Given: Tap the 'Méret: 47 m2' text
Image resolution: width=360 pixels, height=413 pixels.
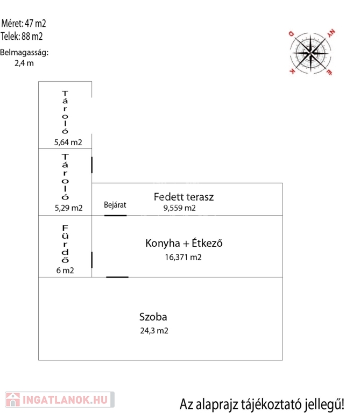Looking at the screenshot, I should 24,24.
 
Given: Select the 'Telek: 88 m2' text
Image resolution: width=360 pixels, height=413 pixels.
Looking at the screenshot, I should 22,37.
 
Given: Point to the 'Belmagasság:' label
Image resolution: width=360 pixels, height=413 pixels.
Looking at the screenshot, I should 24,53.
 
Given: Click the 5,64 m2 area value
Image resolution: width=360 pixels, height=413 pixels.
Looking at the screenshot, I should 68,143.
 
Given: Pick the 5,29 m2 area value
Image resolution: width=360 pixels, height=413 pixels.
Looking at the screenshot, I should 68,208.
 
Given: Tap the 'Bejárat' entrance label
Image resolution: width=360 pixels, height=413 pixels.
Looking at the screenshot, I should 115,205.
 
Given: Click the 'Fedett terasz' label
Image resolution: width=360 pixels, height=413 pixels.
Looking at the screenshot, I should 183,197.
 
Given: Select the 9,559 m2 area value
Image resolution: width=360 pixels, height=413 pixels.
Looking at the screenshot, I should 179,208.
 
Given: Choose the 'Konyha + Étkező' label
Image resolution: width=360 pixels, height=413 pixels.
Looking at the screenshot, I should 183,244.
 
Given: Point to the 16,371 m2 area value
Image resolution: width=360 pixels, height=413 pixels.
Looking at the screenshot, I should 183,258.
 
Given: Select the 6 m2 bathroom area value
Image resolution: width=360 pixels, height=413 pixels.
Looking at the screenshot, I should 65,270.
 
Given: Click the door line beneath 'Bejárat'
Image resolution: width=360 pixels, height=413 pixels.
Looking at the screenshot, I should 115,216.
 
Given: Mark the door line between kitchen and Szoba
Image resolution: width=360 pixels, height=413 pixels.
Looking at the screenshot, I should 117,277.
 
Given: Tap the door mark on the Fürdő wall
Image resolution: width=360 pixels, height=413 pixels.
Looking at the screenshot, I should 92,260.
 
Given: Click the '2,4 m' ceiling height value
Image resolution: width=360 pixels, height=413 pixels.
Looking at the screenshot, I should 24,63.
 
